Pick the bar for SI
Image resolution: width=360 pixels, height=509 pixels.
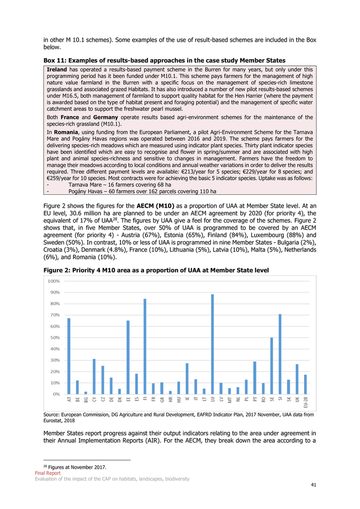click(x=280, y=354)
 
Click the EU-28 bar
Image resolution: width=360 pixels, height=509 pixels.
click(x=305, y=384)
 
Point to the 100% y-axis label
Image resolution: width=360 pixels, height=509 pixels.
click(x=53, y=281)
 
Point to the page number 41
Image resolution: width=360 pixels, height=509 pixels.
click(x=314, y=485)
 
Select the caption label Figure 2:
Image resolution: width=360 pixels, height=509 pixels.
click(x=57, y=270)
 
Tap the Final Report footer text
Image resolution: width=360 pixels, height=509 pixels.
click(x=48, y=473)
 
